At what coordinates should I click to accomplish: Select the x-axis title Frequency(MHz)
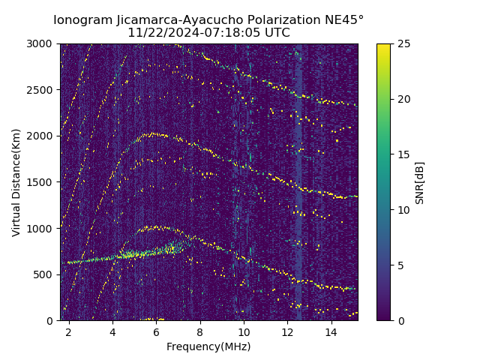(208, 346)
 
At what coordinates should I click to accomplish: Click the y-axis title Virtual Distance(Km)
(16, 182)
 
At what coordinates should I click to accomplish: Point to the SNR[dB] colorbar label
(420, 182)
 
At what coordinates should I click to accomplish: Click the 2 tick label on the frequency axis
(69, 331)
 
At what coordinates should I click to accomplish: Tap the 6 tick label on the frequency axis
(157, 331)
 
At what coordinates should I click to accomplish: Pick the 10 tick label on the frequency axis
(244, 331)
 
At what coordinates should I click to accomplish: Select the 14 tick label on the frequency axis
(331, 331)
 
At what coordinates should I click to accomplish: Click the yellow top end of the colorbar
(383, 46)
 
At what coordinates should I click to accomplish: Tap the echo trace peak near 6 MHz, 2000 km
(155, 134)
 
